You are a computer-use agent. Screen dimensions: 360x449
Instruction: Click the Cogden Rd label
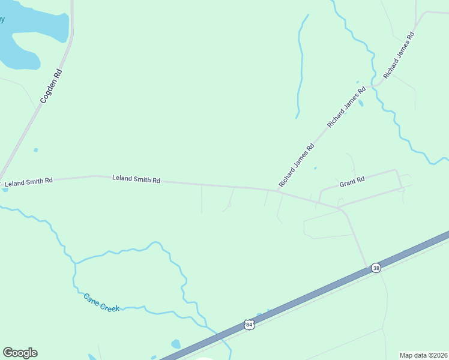[52, 87]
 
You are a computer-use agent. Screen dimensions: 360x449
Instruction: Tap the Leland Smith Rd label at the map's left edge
[28, 181]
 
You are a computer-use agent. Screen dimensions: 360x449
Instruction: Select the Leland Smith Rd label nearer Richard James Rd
[136, 179]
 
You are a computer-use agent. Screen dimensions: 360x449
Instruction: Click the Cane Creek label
[101, 302]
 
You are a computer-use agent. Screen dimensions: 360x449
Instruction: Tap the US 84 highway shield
[250, 325]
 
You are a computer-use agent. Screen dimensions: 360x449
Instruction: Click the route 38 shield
[376, 268]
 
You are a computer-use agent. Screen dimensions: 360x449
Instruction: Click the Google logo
[20, 353]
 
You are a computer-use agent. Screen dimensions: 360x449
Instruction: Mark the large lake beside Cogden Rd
[30, 36]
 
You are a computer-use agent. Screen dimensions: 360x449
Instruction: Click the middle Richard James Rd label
[346, 107]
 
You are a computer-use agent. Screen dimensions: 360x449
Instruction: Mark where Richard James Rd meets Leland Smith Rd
[280, 191]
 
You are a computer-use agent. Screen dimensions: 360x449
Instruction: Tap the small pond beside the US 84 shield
[260, 314]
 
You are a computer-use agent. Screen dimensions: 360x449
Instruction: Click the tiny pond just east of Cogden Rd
[36, 149]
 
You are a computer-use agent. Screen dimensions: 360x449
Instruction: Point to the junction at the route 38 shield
[368, 268]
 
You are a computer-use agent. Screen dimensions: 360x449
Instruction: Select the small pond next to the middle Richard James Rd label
[360, 103]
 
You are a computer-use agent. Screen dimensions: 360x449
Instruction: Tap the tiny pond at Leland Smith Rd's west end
[5, 190]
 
